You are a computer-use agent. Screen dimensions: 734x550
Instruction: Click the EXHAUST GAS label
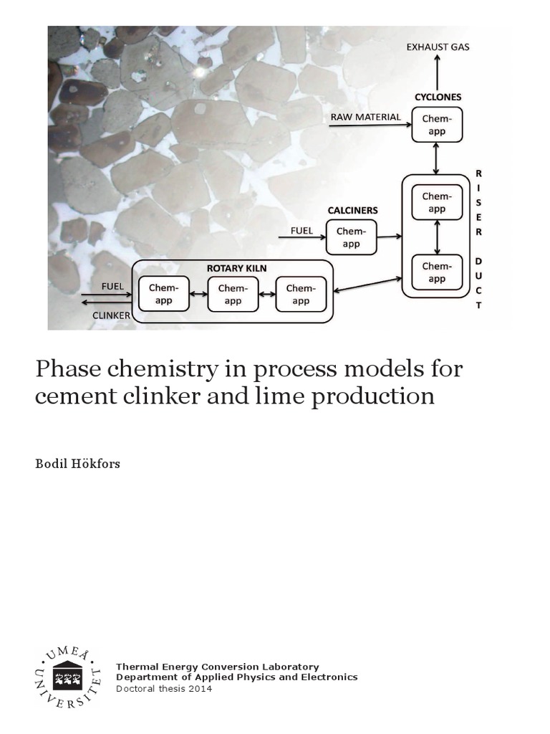pos(438,48)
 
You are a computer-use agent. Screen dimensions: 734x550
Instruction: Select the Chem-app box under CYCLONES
pos(437,125)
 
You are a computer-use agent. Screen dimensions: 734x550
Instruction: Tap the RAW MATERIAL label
pos(365,117)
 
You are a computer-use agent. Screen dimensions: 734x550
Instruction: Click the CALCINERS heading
pos(353,211)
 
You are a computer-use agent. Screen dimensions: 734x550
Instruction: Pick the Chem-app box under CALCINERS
pos(351,237)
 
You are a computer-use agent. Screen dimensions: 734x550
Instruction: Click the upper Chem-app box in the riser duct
pos(436,203)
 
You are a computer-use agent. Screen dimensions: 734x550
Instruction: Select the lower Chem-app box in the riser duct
pos(436,272)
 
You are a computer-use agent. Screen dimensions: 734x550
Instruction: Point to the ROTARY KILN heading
pos(232,268)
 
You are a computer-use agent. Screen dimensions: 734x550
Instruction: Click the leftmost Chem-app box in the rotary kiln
pos(163,294)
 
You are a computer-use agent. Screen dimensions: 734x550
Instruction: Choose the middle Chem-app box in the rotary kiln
pos(233,294)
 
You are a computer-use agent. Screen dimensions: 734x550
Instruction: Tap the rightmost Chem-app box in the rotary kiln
pos(301,294)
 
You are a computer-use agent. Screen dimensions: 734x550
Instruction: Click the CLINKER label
pos(112,315)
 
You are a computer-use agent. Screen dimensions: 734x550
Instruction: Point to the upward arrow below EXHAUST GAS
pos(438,72)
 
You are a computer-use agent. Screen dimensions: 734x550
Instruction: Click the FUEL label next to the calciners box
pos(301,231)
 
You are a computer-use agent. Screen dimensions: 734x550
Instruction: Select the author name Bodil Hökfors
pos(78,464)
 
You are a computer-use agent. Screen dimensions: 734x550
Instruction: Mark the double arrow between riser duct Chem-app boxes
pos(437,237)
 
